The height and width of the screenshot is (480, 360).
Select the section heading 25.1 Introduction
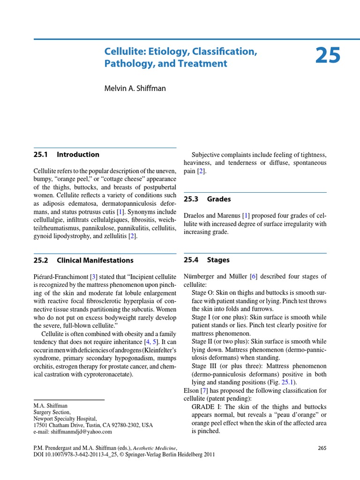coord(66,154)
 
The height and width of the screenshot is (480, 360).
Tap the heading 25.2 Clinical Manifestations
coord(83,260)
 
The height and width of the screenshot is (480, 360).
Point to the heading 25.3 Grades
coord(207,199)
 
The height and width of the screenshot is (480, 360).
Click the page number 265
coord(322,448)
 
